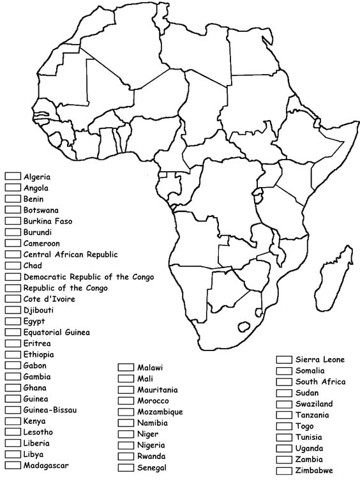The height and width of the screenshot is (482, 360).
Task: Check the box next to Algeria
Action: pos(12,176)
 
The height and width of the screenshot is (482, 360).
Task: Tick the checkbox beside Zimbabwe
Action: pos(283,471)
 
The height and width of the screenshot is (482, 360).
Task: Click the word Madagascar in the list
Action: pos(46,465)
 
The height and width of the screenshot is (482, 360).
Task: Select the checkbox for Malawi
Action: pos(125,368)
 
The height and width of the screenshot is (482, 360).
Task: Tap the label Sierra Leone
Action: pos(320,359)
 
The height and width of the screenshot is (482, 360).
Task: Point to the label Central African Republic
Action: pos(70,254)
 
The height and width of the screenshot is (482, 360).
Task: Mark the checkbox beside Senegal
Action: pos(125,467)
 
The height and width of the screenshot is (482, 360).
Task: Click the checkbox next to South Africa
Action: pos(283,382)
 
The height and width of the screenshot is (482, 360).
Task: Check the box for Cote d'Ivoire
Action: pos(12,299)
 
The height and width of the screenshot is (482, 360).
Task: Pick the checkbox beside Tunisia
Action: pos(283,437)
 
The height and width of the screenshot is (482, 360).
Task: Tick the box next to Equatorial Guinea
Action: pos(12,332)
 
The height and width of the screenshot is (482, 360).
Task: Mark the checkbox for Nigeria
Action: pos(125,445)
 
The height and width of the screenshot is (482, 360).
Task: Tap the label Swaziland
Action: pos(314,404)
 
